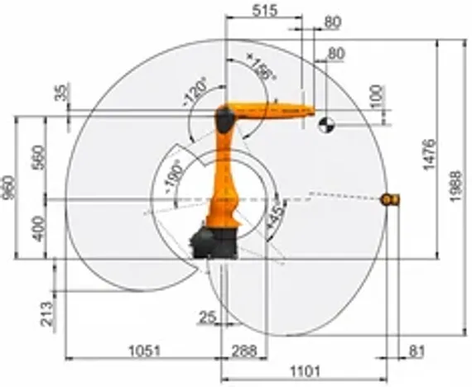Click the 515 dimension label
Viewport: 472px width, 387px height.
coord(266,11)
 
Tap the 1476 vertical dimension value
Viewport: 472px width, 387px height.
coord(427,153)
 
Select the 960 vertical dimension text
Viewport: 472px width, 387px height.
coord(8,188)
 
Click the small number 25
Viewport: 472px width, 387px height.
coord(207,315)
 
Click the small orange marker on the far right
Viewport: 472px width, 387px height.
coord(390,198)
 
